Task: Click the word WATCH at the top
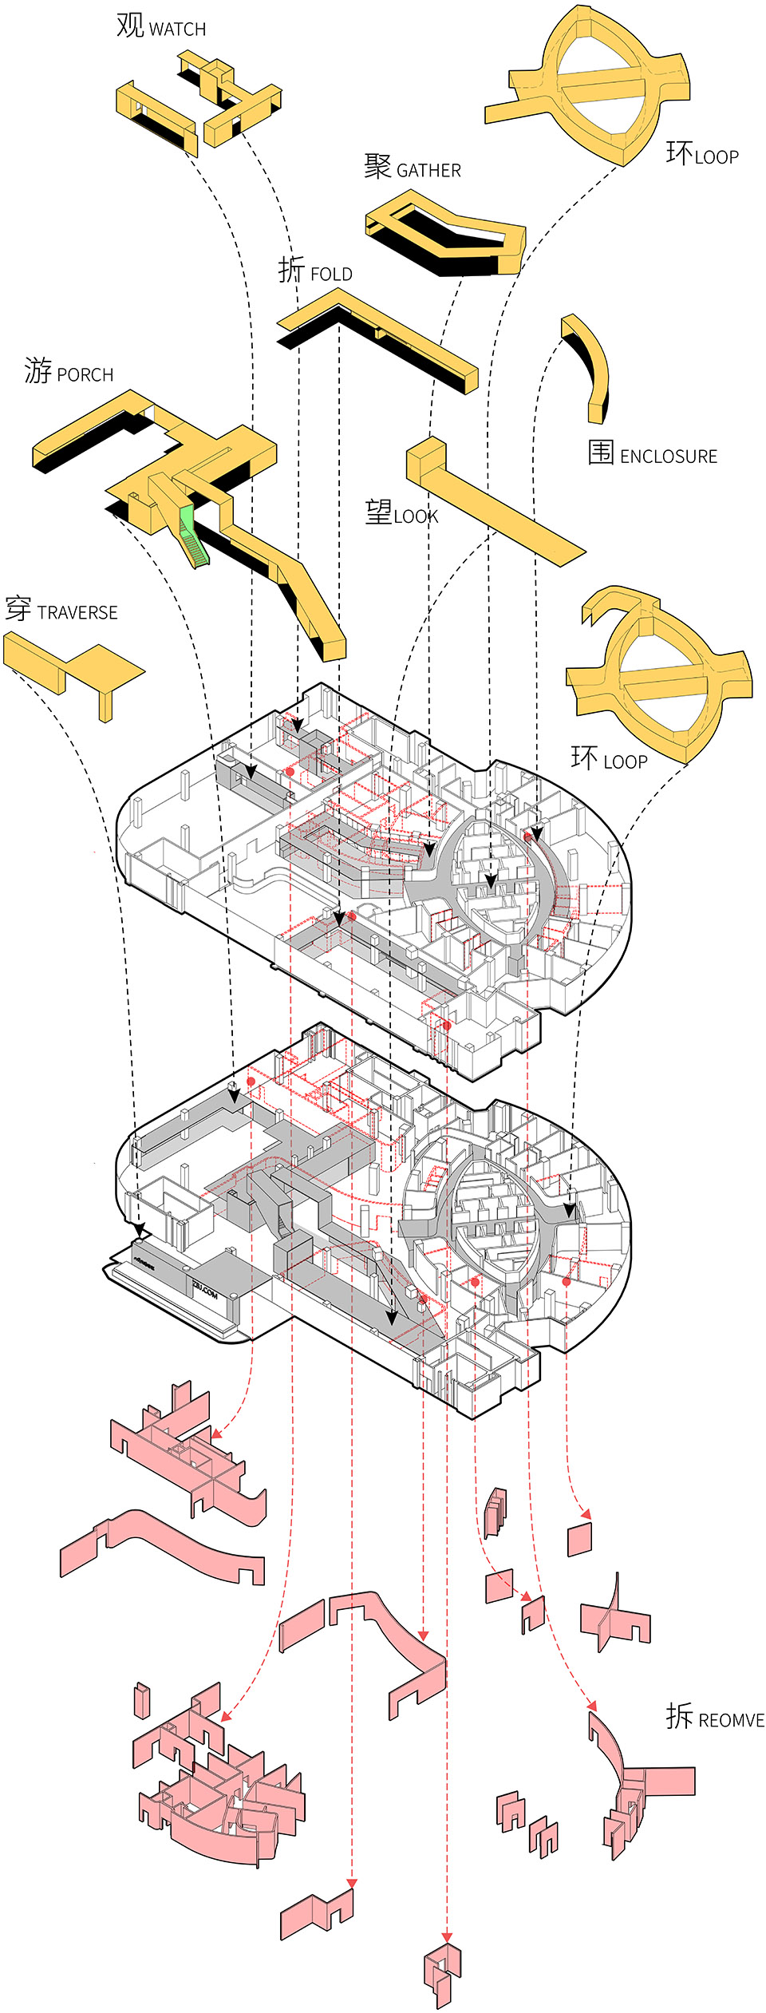pos(177,30)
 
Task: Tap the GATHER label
pos(428,171)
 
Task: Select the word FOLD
pos(330,275)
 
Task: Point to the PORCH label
pos(85,375)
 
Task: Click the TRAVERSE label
pos(77,613)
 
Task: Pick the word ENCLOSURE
pos(668,457)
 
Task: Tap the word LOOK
pos(416,516)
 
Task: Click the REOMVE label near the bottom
pos(731,1720)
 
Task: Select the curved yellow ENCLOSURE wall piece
pos(591,367)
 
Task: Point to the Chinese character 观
pos(130,26)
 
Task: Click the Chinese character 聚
pos(377,167)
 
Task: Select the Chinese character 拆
pos(680,1715)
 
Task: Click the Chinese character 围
pos(601,452)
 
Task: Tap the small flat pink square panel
pos(579,1539)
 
